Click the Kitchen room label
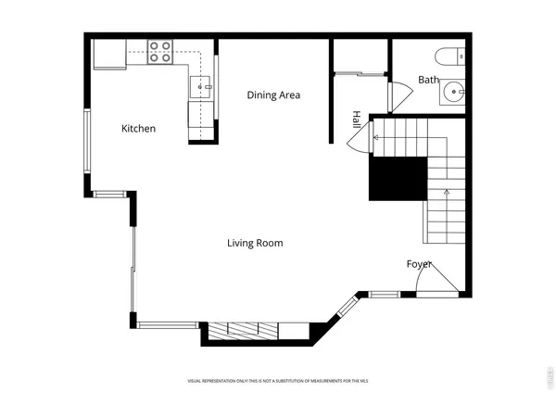tap(139, 129)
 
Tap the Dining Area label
tap(273, 95)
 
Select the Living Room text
tap(255, 243)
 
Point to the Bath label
tap(428, 80)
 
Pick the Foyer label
tap(420, 264)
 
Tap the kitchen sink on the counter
tap(201, 87)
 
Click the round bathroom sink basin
tap(453, 91)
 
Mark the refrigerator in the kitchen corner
tap(109, 55)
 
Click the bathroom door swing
tap(400, 95)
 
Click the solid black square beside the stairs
tap(398, 178)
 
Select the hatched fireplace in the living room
tap(244, 330)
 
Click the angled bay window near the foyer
tap(346, 306)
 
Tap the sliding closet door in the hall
tap(359, 72)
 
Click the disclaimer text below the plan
tap(278, 381)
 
